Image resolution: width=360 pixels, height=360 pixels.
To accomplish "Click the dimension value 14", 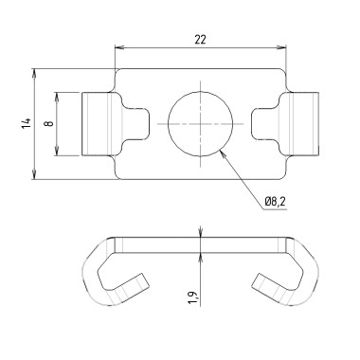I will click(x=27, y=123).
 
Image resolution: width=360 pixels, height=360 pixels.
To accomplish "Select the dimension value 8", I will click(x=49, y=123).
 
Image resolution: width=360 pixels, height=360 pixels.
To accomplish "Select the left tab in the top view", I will click(x=98, y=123).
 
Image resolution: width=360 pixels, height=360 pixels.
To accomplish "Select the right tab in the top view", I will click(x=302, y=123).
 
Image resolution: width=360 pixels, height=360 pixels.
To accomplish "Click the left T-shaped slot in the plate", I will click(x=139, y=123).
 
